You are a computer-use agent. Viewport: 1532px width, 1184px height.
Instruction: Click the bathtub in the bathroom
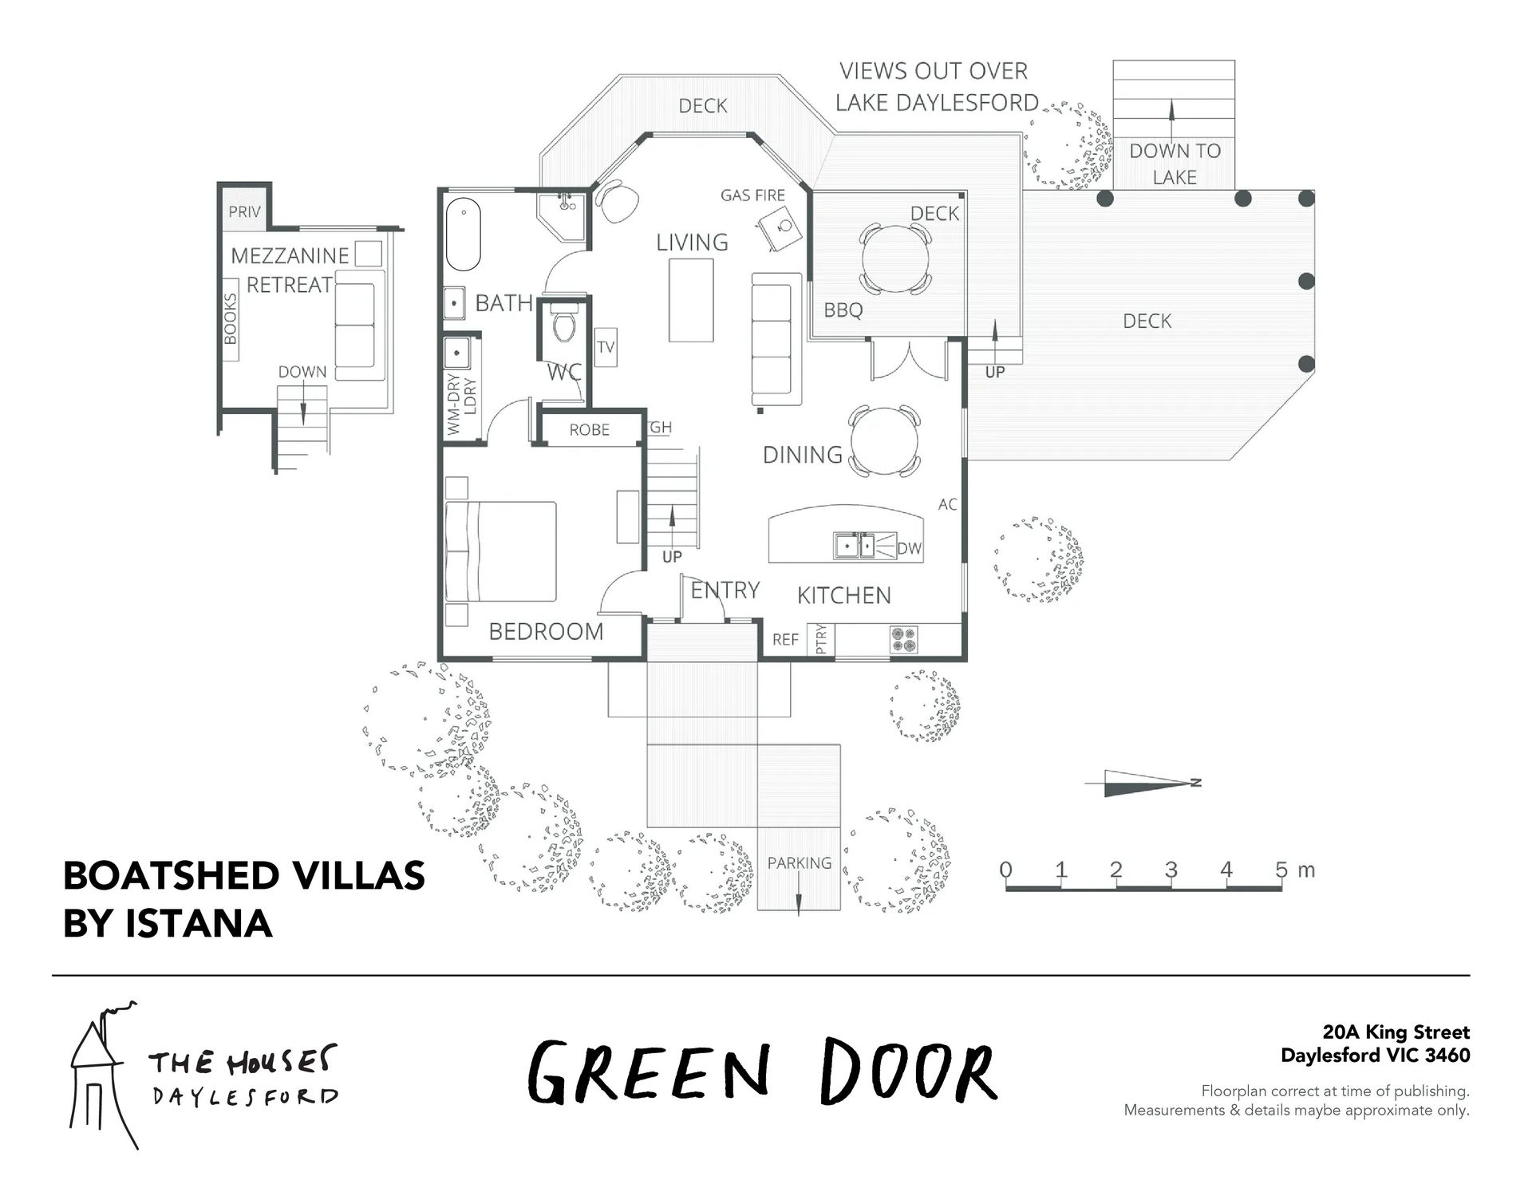coord(463,235)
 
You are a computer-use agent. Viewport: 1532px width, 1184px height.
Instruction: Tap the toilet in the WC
coord(563,323)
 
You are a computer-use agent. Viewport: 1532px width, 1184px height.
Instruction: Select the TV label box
coord(606,347)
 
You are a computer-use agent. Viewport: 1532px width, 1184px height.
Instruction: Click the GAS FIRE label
coord(752,195)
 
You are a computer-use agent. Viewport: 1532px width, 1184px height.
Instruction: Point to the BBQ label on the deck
coord(843,310)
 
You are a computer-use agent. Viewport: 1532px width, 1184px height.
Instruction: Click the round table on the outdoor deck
coord(895,258)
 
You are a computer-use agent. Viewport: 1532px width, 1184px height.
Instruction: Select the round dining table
coord(885,441)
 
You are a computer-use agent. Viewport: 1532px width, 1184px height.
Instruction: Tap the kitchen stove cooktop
coord(903,639)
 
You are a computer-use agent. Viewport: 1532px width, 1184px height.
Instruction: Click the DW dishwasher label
coord(909,548)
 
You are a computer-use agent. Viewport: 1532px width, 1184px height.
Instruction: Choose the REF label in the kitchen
coord(785,640)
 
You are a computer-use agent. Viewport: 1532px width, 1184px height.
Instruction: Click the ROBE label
coord(589,430)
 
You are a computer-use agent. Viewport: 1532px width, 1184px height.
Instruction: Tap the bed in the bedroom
coord(500,551)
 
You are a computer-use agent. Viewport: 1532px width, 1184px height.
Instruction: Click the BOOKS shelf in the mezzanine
coord(231,319)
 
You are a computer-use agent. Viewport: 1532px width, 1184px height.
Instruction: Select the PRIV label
coord(244,211)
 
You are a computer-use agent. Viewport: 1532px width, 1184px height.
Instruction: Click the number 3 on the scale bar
coord(1171,869)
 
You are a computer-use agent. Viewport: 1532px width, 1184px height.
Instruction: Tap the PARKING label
coord(799,862)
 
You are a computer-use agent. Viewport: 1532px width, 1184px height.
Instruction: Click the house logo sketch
coord(103,1074)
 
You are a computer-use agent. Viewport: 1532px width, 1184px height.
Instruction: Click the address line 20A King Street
coord(1396,1032)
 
